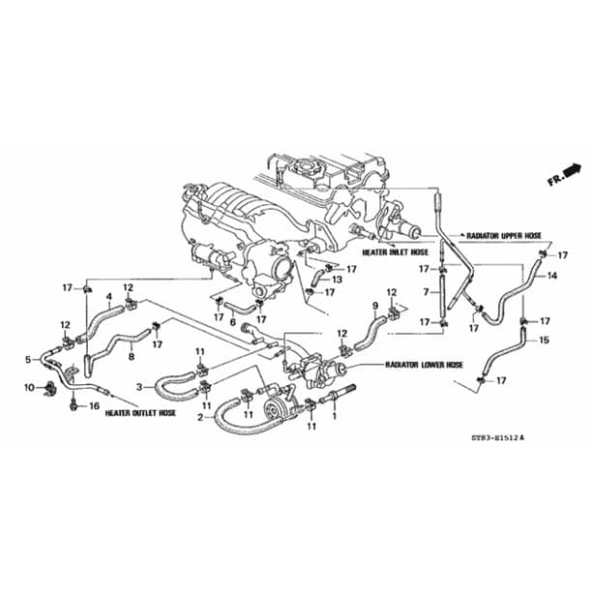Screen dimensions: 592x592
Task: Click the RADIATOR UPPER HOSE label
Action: pyautogui.click(x=504, y=236)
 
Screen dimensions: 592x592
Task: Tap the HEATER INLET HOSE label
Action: pyautogui.click(x=396, y=252)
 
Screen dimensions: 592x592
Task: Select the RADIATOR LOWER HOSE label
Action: pyautogui.click(x=424, y=365)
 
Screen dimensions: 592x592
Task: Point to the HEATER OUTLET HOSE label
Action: pyautogui.click(x=140, y=413)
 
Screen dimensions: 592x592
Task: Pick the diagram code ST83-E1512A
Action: pyautogui.click(x=498, y=438)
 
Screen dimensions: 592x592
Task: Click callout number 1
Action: pyautogui.click(x=334, y=416)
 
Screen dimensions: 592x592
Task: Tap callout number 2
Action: pyautogui.click(x=200, y=418)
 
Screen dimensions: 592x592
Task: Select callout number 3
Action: pyautogui.click(x=139, y=387)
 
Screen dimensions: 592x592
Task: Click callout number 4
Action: pyautogui.click(x=109, y=296)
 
